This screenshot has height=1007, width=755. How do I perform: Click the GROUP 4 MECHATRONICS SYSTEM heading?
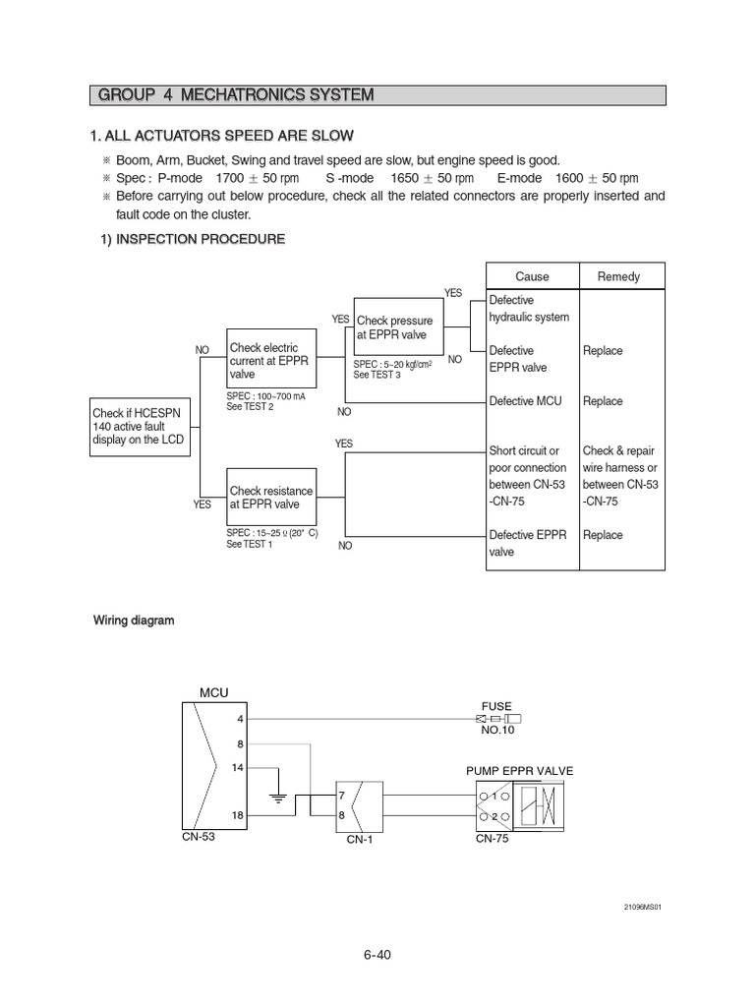coord(236,95)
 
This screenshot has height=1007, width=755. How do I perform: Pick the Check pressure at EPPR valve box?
coord(397,328)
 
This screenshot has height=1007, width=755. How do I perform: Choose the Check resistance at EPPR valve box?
coord(271,498)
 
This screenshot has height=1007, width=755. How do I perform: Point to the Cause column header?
coord(532,276)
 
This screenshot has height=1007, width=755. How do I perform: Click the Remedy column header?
coord(618,276)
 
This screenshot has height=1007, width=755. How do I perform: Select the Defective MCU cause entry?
coord(528,401)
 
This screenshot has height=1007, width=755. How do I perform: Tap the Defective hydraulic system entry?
coord(529,309)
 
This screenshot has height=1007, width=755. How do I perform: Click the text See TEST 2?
coord(250,406)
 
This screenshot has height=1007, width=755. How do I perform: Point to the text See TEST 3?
coord(377,375)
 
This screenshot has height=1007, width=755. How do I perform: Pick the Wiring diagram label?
coord(134,621)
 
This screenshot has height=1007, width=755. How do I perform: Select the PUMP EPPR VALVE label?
coord(519,770)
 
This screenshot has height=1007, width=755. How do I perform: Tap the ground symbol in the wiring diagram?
coord(278,798)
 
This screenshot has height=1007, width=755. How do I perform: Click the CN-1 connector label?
coord(361,841)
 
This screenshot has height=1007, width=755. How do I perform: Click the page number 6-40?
coord(377,954)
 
